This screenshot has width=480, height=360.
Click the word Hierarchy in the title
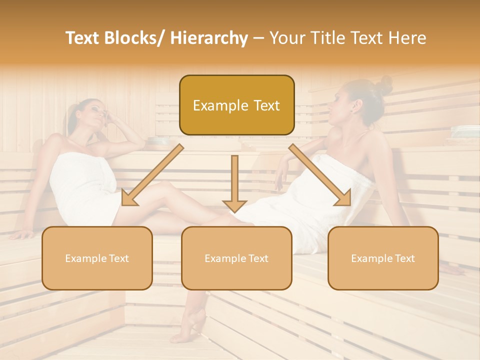point(209,38)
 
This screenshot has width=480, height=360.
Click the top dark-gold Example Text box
point(236,105)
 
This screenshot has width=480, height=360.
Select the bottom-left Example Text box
point(97,258)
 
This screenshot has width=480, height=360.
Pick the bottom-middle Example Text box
point(236,258)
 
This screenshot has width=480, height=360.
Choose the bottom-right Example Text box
point(383,258)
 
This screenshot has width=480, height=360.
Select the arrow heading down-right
point(320,175)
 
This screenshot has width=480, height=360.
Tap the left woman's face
point(96,114)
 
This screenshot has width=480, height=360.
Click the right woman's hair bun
point(385,84)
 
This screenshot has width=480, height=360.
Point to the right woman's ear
point(356,105)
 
